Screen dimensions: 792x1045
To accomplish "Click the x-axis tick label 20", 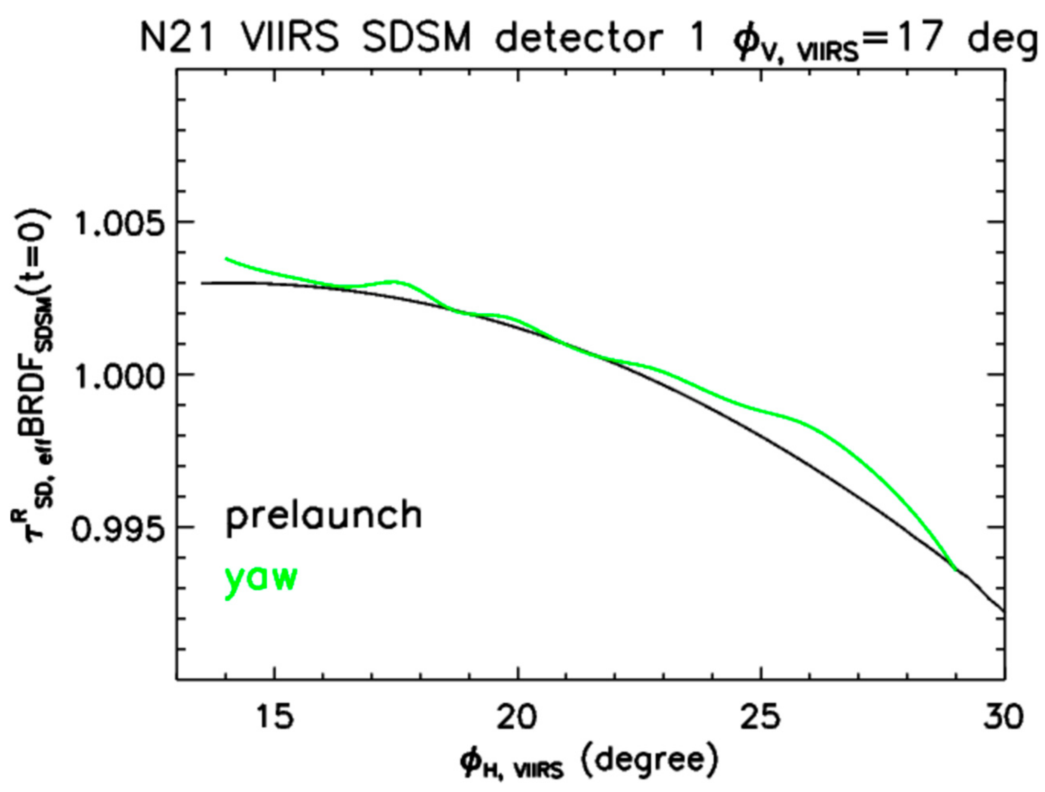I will pyautogui.click(x=518, y=718).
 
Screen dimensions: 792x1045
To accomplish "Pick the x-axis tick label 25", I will pyautogui.click(x=761, y=718).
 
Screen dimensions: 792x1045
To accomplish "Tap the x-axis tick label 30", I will pyautogui.click(x=1003, y=718).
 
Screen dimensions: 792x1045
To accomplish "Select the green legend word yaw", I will pyautogui.click(x=261, y=580).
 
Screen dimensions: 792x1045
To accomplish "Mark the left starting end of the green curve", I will pyautogui.click(x=227, y=259).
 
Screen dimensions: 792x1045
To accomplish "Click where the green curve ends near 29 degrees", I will pyautogui.click(x=955, y=570).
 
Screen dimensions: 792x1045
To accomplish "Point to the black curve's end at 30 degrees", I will pyautogui.click(x=1004, y=612).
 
